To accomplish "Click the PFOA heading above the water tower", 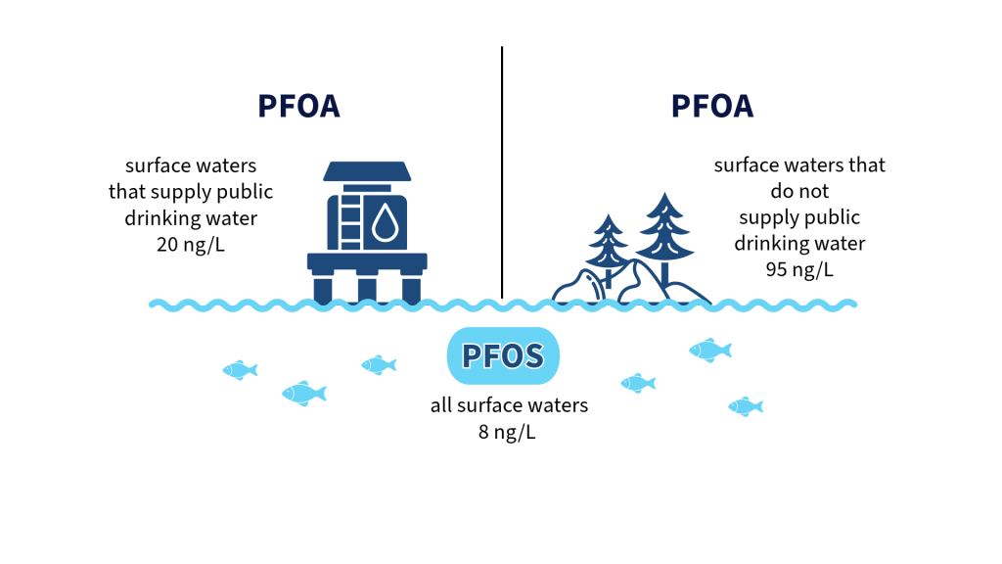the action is click(x=298, y=106).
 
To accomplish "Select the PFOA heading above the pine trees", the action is click(x=712, y=106).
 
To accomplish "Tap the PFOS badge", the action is click(x=503, y=355).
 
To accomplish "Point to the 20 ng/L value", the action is click(x=191, y=244).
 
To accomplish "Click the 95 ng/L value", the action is click(x=799, y=269).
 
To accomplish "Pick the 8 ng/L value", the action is click(x=507, y=432).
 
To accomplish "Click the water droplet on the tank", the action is click(x=386, y=222).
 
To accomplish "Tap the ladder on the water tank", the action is click(x=350, y=221).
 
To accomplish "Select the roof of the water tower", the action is click(x=367, y=171).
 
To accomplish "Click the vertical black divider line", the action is click(x=502, y=172).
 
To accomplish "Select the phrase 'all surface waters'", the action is click(x=509, y=405).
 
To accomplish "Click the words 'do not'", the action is click(x=799, y=191).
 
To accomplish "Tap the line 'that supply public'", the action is click(x=191, y=192).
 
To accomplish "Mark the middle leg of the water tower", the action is click(x=367, y=289).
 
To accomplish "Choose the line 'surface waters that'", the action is click(x=799, y=164).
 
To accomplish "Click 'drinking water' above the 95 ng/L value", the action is click(x=799, y=243).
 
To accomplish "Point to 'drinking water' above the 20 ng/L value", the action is click(x=191, y=218).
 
